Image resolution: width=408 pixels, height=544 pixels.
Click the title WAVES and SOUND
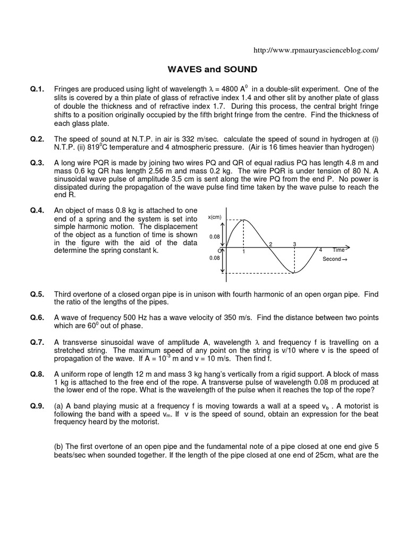click(x=205, y=69)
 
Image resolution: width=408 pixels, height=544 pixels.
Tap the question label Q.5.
click(x=37, y=294)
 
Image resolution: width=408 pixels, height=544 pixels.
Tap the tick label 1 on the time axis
click(x=243, y=252)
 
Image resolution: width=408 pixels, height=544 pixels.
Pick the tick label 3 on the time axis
click(x=294, y=244)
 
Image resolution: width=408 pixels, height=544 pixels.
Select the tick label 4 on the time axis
click(x=320, y=250)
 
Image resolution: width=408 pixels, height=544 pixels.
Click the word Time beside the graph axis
click(x=339, y=250)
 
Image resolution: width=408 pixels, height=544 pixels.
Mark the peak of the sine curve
click(x=243, y=219)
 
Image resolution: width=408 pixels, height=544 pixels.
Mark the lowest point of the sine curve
click(x=294, y=273)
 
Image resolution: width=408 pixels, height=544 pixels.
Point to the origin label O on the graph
click(x=219, y=250)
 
